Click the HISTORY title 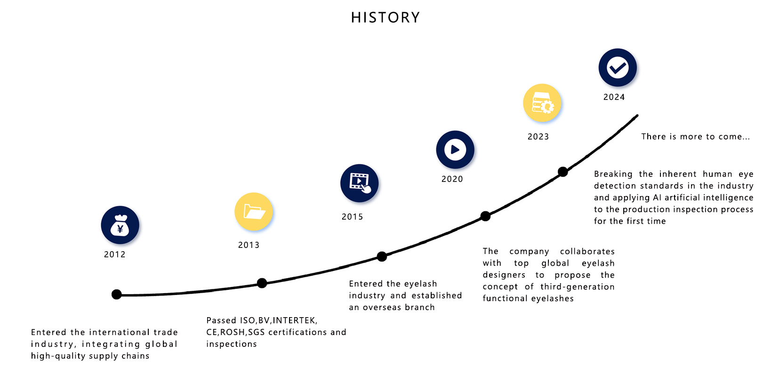pos(386,17)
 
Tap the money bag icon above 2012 pos(120,225)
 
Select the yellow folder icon pos(254,212)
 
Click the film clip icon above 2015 pos(359,183)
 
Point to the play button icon pos(455,149)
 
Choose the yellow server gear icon pos(542,103)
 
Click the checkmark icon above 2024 pos(618,67)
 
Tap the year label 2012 pos(115,254)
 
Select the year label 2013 pos(249,245)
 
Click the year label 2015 pos(352,217)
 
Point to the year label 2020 pos(452,179)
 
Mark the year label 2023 pos(539,137)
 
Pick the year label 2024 pos(614,97)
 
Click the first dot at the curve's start pos(116,294)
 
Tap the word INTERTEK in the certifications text pos(294,320)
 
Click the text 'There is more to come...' pos(695,137)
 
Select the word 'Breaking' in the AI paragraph pos(613,174)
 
